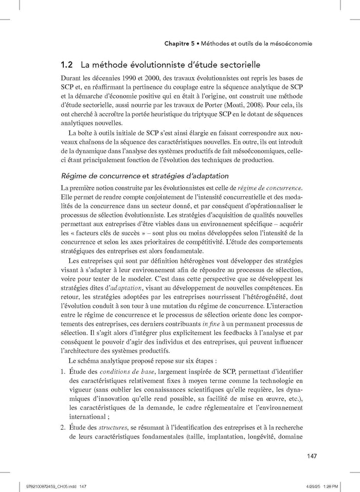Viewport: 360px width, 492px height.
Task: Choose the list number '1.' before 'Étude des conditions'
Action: click(x=63, y=372)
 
